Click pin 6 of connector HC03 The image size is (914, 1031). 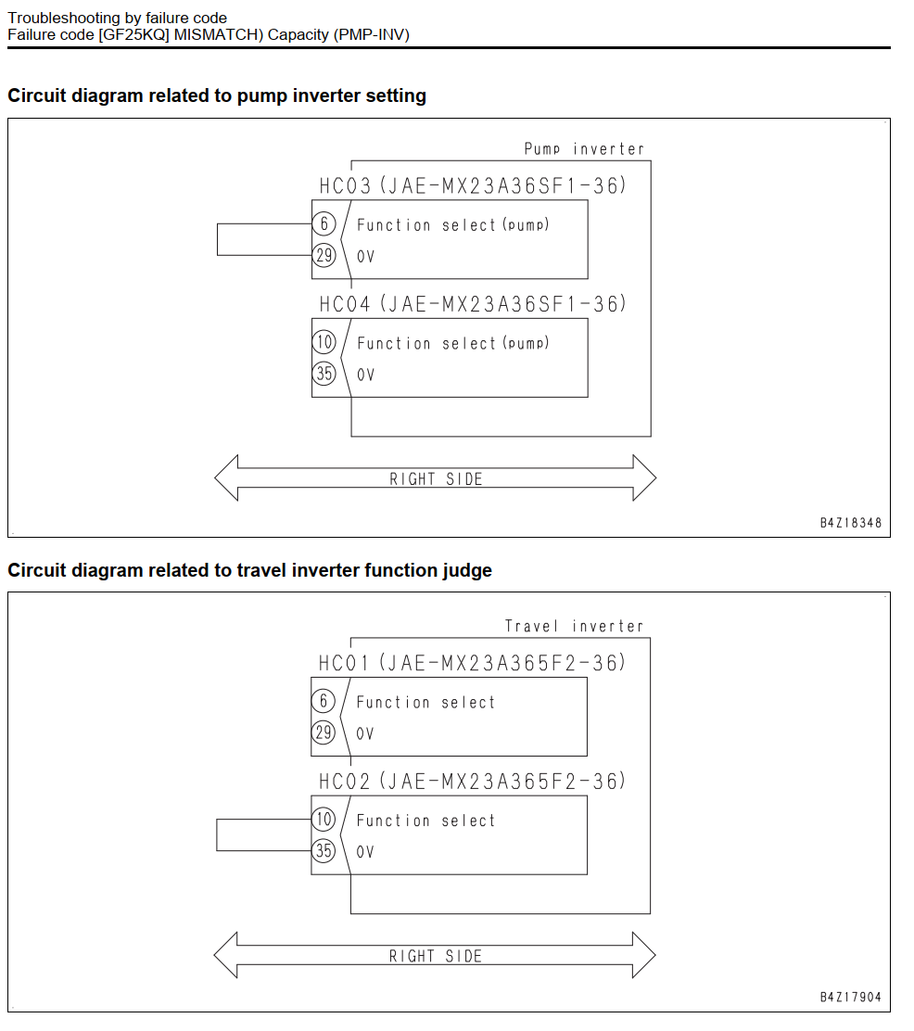[x=324, y=223]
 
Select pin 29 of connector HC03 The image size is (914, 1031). [x=324, y=255]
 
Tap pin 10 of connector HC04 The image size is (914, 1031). [x=324, y=342]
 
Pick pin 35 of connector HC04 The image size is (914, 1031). [x=324, y=374]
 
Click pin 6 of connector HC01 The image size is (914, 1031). [x=323, y=701]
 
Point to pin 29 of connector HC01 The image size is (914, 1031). [x=323, y=732]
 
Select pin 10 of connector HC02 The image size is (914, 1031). [x=323, y=820]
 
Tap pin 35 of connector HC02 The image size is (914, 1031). [x=323, y=851]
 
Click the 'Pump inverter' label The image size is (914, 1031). [x=584, y=149]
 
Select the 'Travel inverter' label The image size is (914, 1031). [x=574, y=626]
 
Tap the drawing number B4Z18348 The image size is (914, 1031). [x=851, y=524]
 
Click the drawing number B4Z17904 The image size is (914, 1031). [x=851, y=998]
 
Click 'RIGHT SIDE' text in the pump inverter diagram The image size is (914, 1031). [x=436, y=479]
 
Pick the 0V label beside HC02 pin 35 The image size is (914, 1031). [x=365, y=852]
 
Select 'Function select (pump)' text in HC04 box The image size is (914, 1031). [x=453, y=343]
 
